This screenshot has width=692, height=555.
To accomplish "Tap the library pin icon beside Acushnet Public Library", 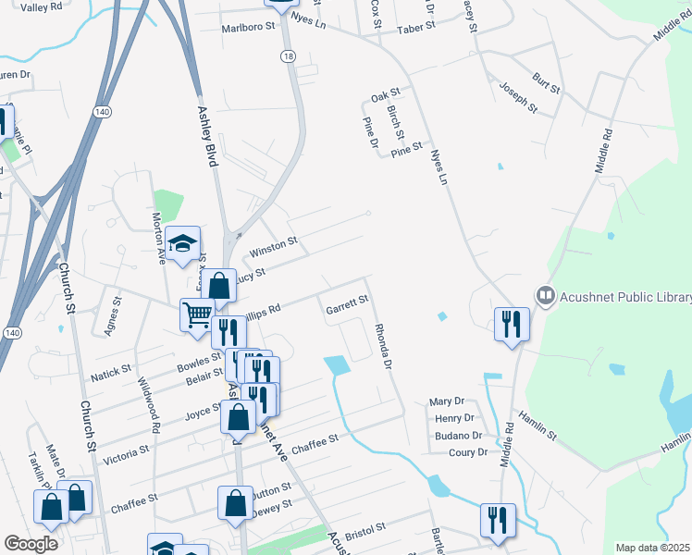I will coord(546,296).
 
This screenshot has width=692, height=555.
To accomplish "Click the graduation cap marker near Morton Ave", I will coord(184,243).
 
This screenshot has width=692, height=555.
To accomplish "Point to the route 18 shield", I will coord(288,57).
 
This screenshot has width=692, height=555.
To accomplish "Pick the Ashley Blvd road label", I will coord(207,135).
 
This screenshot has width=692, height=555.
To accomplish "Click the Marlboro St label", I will coord(249,28).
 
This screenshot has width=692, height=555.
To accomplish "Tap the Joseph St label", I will coord(518,96).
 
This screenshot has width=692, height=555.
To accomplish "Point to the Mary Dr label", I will coord(446,402).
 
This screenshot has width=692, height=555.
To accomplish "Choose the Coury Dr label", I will coord(467,452).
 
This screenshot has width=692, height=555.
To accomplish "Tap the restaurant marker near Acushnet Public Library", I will coord(511,325).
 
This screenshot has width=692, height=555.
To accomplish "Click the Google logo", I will coord(31,544).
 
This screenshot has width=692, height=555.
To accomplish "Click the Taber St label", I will coord(415,29).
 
